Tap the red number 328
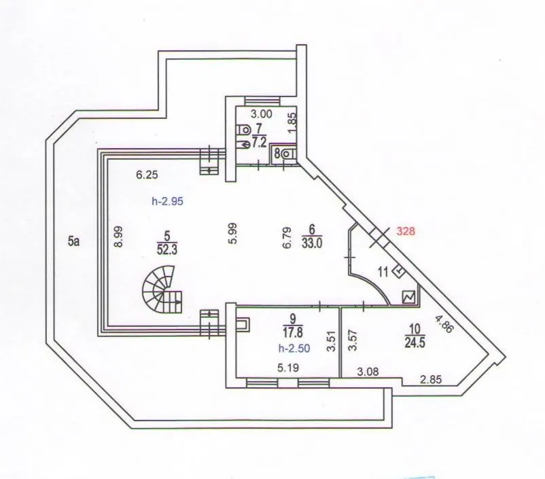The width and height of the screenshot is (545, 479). click(406, 231)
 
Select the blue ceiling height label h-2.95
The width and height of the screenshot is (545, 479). click(167, 201)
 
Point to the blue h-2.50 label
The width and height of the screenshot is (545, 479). click(294, 348)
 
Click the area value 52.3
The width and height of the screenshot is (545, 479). click(167, 250)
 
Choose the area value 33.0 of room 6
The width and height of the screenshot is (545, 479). click(312, 243)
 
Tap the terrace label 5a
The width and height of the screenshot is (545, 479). click(73, 241)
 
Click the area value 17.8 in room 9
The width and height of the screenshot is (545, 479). click(293, 332)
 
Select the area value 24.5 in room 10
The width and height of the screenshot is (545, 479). click(415, 342)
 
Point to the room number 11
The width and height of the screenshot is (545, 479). click(383, 272)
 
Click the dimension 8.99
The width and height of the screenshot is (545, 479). click(119, 236)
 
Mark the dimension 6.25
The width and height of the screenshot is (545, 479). click(147, 175)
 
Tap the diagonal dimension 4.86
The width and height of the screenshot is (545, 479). click(444, 324)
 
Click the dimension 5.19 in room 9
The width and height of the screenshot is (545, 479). click(288, 368)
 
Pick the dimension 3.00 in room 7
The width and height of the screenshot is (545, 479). click(262, 113)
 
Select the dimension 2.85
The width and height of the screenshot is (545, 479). click(431, 379)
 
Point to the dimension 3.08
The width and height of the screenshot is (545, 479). click(368, 372)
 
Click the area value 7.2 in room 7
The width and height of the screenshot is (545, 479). click(259, 143)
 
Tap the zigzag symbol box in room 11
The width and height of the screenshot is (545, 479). click(409, 297)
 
